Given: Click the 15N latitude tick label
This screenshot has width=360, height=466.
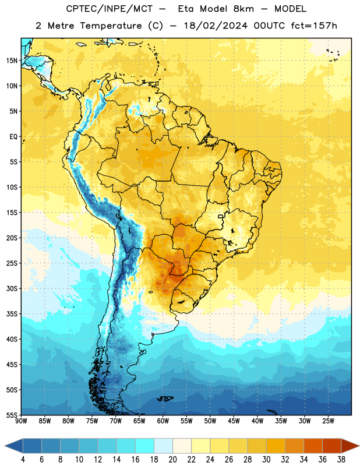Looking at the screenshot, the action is [x=12, y=61].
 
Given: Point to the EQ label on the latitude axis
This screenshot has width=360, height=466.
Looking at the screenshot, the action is [x=13, y=137].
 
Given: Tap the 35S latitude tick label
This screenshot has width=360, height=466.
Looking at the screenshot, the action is [x=12, y=314].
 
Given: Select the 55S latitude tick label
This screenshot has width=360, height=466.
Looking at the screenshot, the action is [x=12, y=415].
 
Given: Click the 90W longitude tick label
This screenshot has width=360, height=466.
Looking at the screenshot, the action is [x=21, y=421].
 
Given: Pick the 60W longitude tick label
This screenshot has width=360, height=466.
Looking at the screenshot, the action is [x=163, y=421].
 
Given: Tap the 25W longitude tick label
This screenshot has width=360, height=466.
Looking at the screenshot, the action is [x=328, y=421].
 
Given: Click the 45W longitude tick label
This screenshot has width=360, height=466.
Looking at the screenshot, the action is [x=234, y=421].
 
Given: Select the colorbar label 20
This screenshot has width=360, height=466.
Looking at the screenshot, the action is [x=172, y=460].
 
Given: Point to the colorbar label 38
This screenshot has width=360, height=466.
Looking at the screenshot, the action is [x=341, y=460].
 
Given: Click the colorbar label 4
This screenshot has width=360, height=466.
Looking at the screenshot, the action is [x=23, y=460].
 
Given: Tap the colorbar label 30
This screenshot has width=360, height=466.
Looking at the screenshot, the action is [x=266, y=460].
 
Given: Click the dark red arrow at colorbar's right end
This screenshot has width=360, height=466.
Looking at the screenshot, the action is [x=350, y=446].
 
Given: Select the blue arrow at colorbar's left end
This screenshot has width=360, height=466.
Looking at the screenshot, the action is [x=14, y=446].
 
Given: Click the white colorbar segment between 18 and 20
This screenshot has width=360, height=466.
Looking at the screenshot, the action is [x=164, y=446].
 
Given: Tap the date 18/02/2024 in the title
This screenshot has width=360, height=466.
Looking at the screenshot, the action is [x=216, y=26].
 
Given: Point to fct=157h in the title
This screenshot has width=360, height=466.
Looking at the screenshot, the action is [x=314, y=26].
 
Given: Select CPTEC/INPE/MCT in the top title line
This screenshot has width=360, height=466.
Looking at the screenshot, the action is [x=109, y=9].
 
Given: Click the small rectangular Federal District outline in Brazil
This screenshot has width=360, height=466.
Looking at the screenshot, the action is [x=221, y=216].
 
